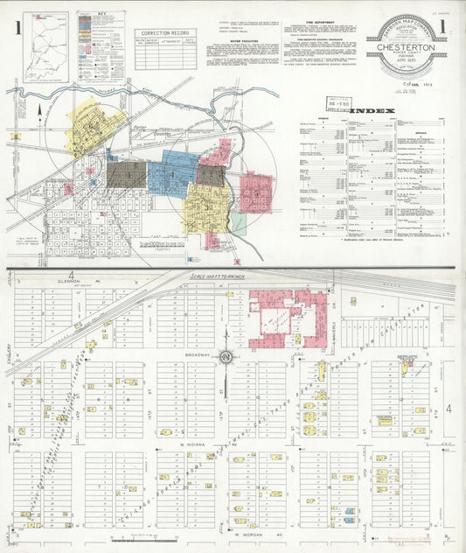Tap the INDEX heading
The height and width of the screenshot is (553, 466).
(373, 111)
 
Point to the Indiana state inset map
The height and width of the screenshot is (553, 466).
(45, 45)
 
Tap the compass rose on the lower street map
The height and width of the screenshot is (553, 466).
(226, 356)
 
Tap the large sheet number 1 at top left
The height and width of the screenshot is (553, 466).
(17, 28)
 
